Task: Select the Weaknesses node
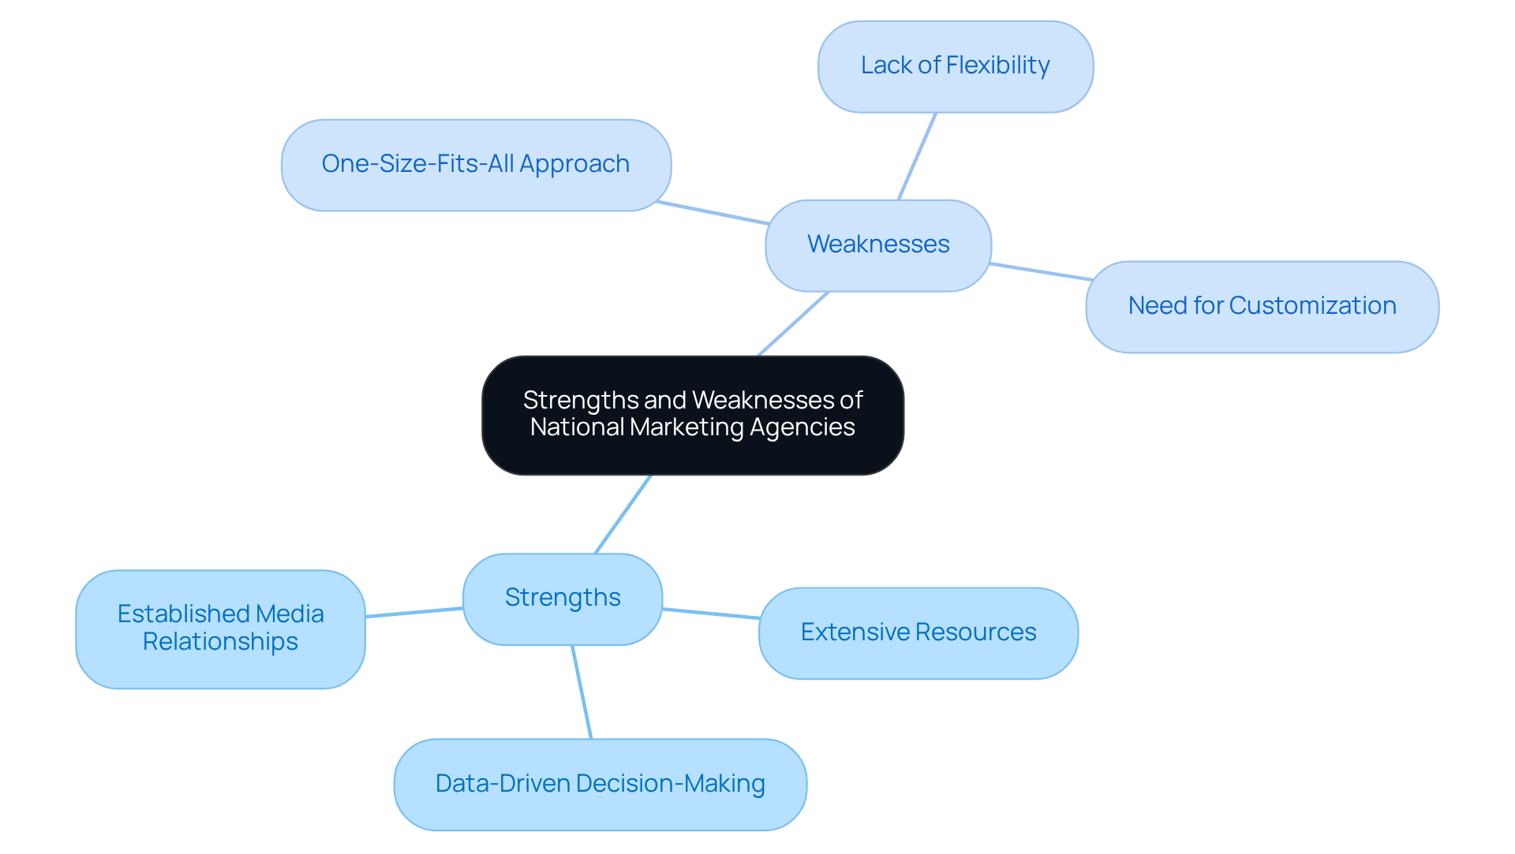click(x=877, y=245)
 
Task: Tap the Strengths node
click(x=562, y=599)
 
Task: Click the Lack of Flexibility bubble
click(x=955, y=66)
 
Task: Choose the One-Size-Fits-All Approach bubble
click(x=476, y=165)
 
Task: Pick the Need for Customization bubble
click(x=1262, y=307)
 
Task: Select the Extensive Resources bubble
click(x=918, y=632)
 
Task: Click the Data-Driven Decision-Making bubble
click(x=600, y=784)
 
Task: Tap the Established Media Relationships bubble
click(x=220, y=628)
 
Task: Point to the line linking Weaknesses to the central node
click(x=793, y=324)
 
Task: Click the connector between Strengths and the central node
click(x=623, y=514)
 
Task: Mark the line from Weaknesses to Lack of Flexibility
click(x=917, y=156)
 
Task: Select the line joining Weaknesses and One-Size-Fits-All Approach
click(x=713, y=213)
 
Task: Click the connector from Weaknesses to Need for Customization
click(x=1041, y=272)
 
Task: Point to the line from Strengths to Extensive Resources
click(x=710, y=613)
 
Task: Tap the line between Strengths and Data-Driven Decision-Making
click(x=582, y=692)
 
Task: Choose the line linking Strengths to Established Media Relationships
click(x=414, y=612)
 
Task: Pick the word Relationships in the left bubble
click(x=220, y=642)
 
